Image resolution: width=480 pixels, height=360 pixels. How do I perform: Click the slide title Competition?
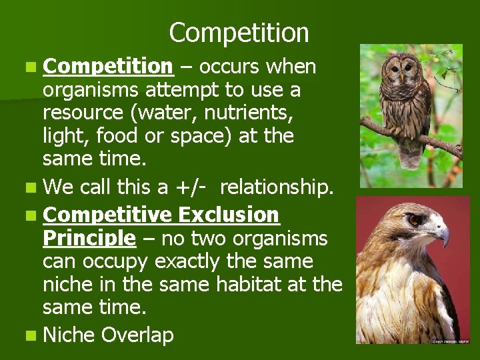click(239, 32)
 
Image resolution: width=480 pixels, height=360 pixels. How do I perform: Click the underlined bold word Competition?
click(107, 67)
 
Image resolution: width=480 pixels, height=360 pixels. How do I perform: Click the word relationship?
click(275, 188)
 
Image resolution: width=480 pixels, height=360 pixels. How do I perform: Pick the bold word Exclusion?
click(229, 215)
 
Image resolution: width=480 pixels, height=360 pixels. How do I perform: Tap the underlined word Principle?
click(89, 238)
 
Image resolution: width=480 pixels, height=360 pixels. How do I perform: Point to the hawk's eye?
click(415, 219)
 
